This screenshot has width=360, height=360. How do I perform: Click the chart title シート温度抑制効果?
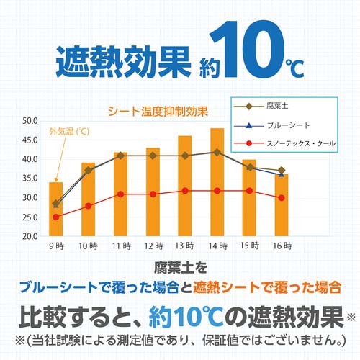click(158, 111)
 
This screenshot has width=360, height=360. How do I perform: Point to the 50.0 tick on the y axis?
click(30, 120)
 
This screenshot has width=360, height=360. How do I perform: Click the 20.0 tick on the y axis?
click(30, 235)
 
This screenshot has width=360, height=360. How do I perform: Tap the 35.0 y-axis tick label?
click(30, 178)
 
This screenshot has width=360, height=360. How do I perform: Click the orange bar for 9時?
click(55, 209)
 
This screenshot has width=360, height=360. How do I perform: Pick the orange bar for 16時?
click(281, 204)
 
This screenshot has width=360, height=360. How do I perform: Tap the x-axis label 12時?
click(152, 247)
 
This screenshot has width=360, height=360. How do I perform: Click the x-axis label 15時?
click(249, 247)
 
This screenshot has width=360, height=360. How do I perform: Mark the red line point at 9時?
click(55, 217)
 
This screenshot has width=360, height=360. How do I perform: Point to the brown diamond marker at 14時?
click(217, 152)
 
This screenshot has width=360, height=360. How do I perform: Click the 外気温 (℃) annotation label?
click(69, 132)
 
